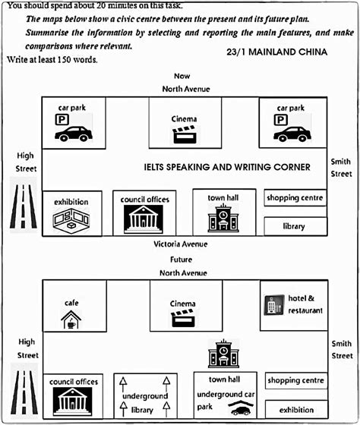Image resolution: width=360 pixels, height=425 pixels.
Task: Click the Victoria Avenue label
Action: point(181,244)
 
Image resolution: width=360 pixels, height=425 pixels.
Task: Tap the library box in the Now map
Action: point(294,226)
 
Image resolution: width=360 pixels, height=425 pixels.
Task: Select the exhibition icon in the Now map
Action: point(71,220)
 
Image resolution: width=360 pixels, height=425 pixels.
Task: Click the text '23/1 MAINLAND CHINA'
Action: point(276,52)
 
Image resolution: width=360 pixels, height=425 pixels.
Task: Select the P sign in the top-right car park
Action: point(281,120)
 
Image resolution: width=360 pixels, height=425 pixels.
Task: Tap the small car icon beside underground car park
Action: point(241,410)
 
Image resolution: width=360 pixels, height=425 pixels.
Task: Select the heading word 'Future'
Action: point(181,259)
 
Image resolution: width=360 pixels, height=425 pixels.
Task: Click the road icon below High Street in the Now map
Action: point(26,205)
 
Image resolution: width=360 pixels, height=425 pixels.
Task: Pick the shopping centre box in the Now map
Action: point(295,198)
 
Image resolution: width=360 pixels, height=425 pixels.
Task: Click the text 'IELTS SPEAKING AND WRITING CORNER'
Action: point(227,167)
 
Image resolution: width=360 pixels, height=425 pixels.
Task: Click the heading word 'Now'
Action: point(182,76)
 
